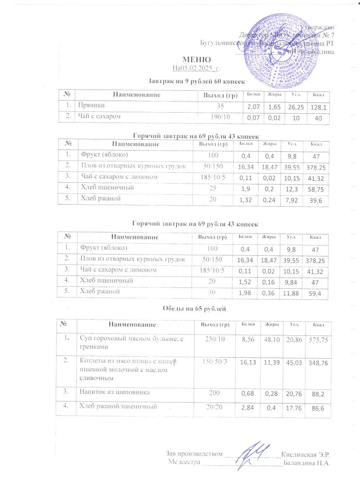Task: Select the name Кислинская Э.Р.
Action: pos(306,455)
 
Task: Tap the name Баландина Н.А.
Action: pos(308,462)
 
